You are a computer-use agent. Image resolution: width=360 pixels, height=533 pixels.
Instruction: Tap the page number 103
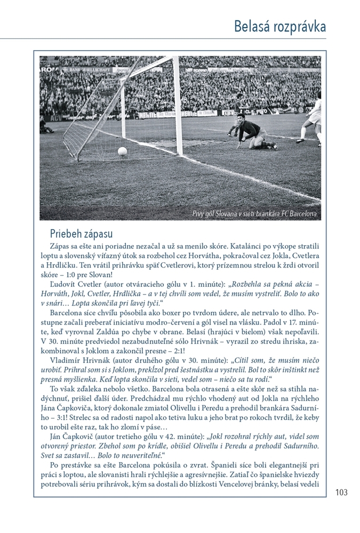coord(341,492)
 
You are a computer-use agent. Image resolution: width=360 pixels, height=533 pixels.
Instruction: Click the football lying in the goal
coord(122,151)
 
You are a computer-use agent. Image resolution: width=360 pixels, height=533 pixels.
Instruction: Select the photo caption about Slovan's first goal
coord(254,214)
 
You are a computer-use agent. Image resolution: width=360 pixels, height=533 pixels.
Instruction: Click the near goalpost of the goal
coord(178,107)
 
